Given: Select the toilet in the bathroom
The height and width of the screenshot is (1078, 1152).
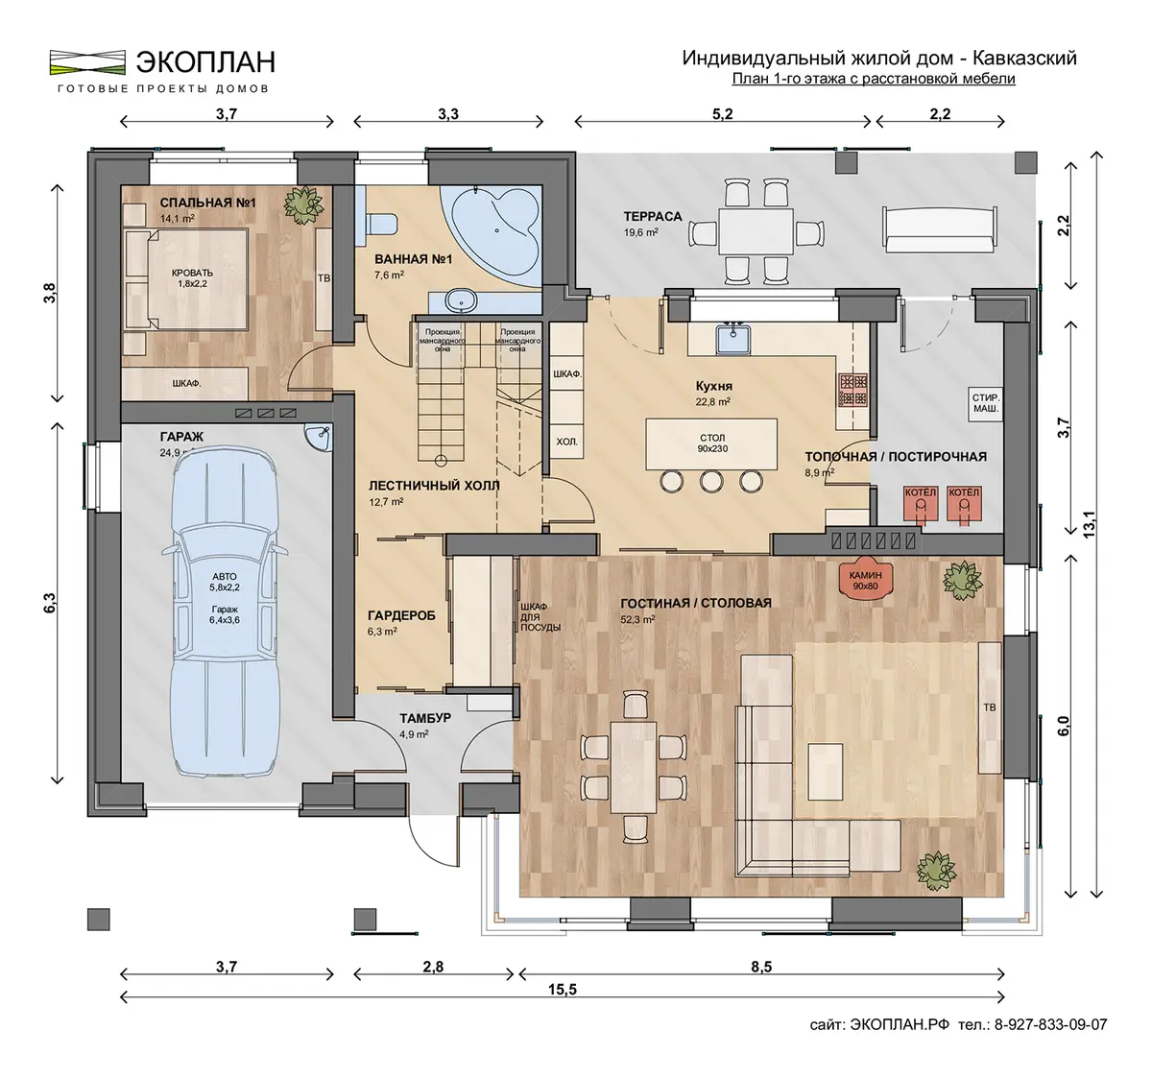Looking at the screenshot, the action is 382,225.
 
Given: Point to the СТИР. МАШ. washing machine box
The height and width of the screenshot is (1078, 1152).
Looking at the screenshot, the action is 986,403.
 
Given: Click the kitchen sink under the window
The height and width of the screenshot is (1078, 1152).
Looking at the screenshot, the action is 733,339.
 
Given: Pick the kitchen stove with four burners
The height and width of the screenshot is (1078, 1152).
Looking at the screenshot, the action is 852,390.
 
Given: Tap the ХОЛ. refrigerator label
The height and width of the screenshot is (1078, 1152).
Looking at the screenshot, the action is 566,442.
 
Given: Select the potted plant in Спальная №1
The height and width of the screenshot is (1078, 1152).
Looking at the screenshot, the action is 303,204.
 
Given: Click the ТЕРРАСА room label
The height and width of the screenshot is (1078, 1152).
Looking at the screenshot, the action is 653,216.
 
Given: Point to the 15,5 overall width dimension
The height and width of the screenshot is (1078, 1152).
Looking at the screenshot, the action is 562,990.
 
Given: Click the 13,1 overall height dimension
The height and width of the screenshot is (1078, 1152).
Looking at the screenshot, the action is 1090,524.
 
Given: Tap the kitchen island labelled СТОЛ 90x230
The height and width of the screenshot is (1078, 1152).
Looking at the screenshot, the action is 711,443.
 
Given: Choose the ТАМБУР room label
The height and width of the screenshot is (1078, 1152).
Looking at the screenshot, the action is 425,718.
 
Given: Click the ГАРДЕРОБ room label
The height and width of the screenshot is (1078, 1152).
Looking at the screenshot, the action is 401,615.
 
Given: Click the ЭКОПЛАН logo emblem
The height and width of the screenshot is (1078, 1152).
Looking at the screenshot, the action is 87,62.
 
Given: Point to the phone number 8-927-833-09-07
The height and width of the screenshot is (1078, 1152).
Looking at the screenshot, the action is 1050,1024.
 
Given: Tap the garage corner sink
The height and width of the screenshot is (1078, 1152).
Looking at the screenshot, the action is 319,437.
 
